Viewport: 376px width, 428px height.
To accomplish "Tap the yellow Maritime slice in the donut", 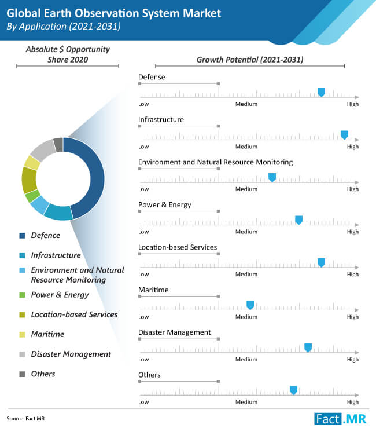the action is click(32, 163).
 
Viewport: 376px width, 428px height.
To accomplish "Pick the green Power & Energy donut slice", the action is click(32, 196).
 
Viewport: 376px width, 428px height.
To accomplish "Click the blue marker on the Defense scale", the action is click(322, 92).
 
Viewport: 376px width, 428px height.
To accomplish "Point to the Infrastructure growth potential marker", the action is click(344, 135).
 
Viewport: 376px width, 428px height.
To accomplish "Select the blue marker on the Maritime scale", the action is click(250, 305).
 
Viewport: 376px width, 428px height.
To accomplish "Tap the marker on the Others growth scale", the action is click(293, 390).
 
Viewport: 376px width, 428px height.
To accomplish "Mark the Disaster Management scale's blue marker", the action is click(308, 347).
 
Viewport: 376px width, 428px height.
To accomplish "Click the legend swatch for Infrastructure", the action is click(22, 255).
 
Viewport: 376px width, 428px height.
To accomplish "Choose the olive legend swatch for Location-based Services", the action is click(22, 314).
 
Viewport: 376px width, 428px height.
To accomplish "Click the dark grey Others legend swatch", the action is click(22, 374).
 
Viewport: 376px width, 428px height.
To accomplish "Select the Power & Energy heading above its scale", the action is click(165, 204).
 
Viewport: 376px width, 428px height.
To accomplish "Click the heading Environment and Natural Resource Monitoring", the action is click(215, 162).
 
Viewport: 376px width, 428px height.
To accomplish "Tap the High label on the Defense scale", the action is click(352, 104).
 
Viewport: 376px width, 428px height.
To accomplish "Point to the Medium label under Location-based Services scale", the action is click(246, 275).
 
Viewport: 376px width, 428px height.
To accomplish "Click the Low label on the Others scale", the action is click(143, 402).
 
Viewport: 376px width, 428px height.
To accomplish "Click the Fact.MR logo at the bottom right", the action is click(340, 419).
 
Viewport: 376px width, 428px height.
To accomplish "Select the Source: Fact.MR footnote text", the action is click(25, 419).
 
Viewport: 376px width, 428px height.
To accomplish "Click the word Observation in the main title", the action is click(107, 13).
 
